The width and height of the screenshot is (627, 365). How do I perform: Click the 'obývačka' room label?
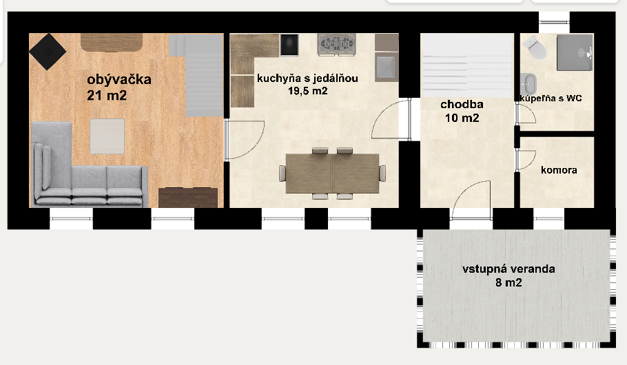point(119,79)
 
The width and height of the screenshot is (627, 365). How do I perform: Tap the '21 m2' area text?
point(107,95)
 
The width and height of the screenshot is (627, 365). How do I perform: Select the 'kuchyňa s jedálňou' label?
point(307,78)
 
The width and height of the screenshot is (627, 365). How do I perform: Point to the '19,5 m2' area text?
point(307,90)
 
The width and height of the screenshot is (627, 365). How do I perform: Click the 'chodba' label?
point(462,105)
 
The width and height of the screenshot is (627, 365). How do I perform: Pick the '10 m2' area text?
point(462,118)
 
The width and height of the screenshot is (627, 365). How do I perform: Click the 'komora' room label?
point(559,170)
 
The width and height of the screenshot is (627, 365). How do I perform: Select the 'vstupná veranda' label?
point(508,269)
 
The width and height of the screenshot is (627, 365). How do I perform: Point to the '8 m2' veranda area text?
point(508,282)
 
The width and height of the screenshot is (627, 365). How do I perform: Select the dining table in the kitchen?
point(332,173)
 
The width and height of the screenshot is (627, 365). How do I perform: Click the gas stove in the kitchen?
point(335,45)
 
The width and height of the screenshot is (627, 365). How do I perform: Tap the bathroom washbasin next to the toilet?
point(529,84)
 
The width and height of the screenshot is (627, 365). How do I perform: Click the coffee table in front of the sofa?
point(107,136)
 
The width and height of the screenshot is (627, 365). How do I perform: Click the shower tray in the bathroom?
point(575,52)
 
